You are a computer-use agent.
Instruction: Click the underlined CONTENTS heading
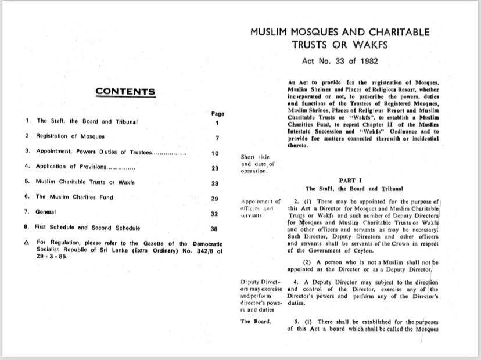125,92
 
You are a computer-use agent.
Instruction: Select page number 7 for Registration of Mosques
216,138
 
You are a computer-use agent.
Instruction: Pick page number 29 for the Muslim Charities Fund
214,198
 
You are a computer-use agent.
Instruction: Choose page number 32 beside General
214,214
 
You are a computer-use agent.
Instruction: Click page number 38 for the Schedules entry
214,229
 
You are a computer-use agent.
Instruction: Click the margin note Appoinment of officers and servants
259,208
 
